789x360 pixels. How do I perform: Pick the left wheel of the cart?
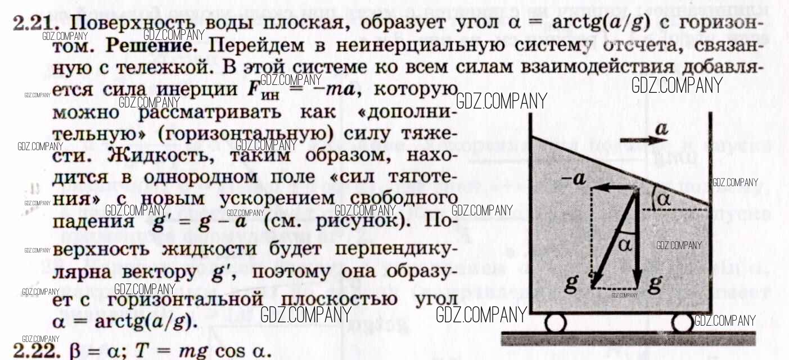pos(555,323)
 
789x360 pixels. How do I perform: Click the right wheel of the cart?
pos(682,323)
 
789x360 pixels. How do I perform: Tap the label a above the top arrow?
pos(661,130)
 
